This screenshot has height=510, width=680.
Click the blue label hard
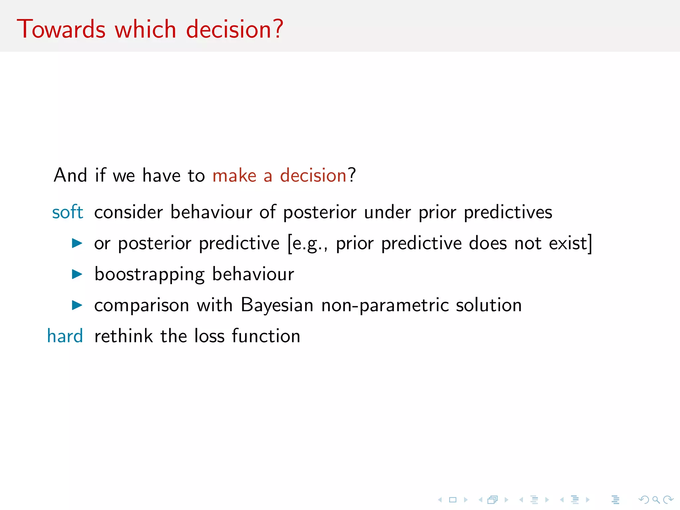(65, 336)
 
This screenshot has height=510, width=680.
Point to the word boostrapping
(149, 275)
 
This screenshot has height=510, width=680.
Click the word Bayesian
(277, 305)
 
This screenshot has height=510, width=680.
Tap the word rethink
(124, 336)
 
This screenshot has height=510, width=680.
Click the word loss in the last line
(209, 336)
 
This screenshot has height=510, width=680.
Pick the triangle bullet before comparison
(77, 305)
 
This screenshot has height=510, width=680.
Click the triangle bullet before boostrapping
(77, 274)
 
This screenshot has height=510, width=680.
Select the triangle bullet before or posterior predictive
(77, 243)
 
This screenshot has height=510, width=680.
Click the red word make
(234, 175)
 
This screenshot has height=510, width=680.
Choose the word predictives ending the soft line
(508, 212)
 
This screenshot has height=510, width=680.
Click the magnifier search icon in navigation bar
(656, 500)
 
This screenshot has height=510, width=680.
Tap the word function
(266, 336)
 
